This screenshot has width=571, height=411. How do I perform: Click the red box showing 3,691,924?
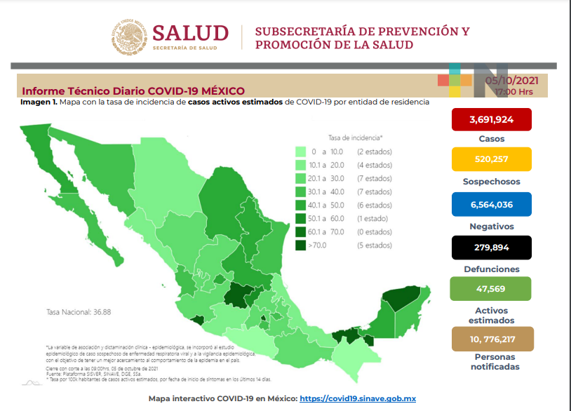tap(491, 119)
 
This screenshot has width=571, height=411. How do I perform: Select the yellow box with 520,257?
tap(491, 159)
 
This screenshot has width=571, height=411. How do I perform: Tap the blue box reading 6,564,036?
tap(491, 204)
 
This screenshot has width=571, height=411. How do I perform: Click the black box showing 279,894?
tap(491, 248)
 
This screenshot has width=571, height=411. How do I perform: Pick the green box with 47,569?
tap(491, 288)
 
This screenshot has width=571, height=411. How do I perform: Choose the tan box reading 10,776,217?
tap(491, 339)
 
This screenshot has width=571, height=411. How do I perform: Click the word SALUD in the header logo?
tap(190, 33)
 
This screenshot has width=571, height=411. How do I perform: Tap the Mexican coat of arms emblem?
tap(128, 36)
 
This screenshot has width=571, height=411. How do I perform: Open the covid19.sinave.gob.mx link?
tap(358, 398)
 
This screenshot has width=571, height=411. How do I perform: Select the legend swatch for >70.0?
tap(300, 245)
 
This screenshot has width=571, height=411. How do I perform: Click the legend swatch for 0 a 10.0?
tap(300, 151)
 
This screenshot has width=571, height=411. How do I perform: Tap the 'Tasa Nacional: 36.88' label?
tap(77, 312)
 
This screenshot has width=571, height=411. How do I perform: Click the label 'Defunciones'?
tap(491, 269)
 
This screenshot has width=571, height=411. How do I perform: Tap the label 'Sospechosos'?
tap(491, 181)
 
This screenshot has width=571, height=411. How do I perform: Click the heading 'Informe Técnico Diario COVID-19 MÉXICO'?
tap(133, 91)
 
